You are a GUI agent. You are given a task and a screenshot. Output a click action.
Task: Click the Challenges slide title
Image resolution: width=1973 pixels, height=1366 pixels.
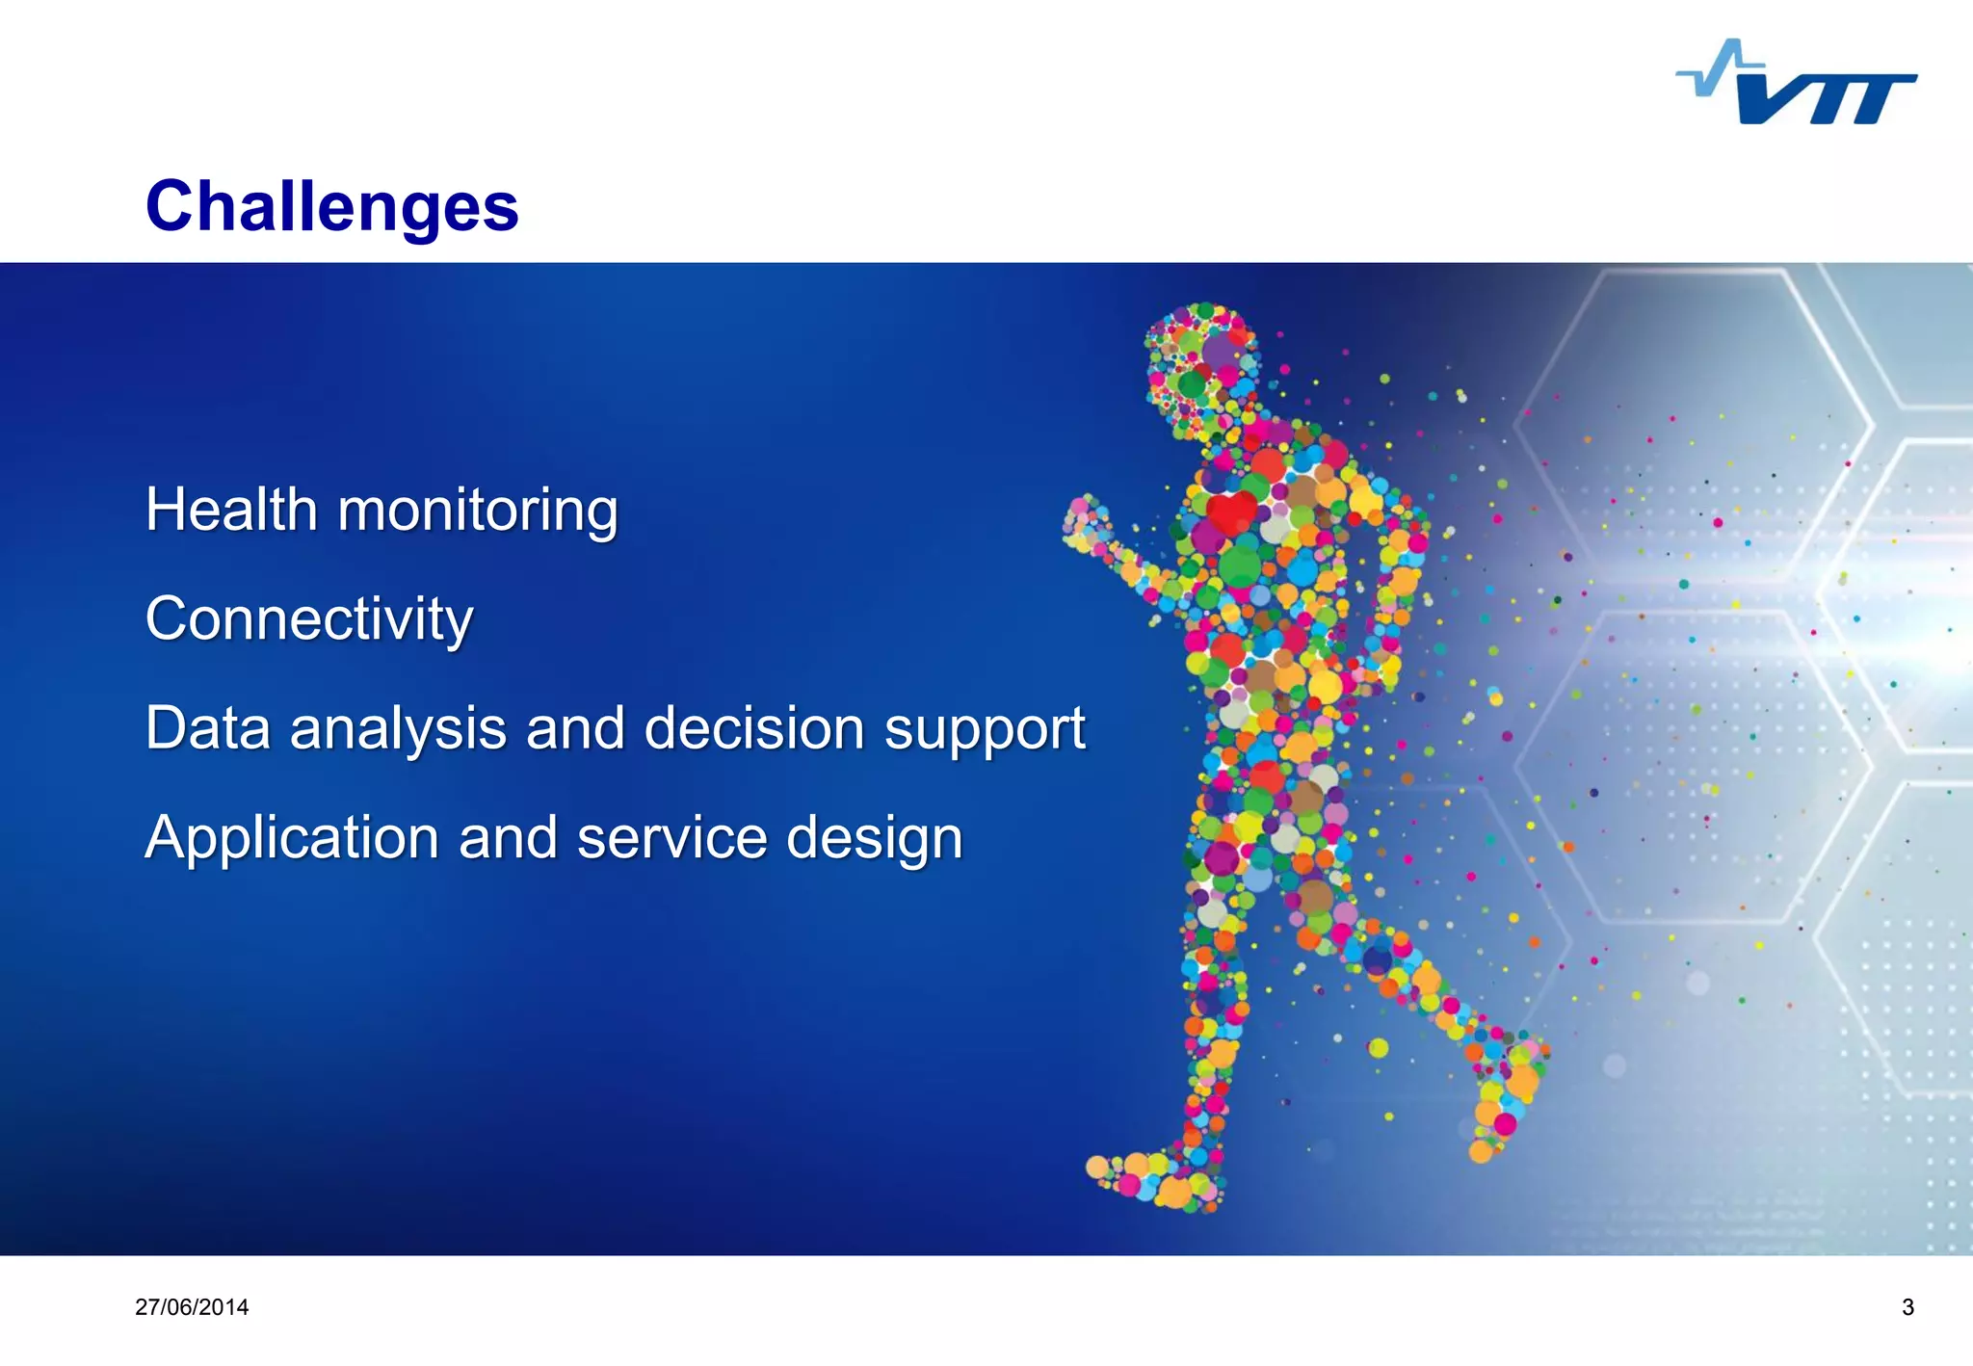point(331,206)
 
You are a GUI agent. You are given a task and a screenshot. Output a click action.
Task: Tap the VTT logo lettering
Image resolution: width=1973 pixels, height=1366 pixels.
point(1826,99)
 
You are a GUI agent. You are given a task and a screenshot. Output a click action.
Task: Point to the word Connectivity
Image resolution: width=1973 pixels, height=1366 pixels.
point(309,618)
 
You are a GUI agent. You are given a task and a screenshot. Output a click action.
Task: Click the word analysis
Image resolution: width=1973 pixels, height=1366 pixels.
point(398,728)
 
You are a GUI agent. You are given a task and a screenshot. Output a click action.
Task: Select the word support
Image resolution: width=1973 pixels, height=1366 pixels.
point(985,730)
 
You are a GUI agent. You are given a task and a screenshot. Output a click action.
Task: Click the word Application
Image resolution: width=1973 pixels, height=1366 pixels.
point(292,837)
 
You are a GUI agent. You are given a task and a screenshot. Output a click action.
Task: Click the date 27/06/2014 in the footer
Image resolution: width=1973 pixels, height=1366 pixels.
point(192,1307)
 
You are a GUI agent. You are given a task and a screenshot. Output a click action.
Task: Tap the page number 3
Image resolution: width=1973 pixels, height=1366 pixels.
point(1907,1307)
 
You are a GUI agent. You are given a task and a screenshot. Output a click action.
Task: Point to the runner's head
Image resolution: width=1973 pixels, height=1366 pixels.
point(1199,361)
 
